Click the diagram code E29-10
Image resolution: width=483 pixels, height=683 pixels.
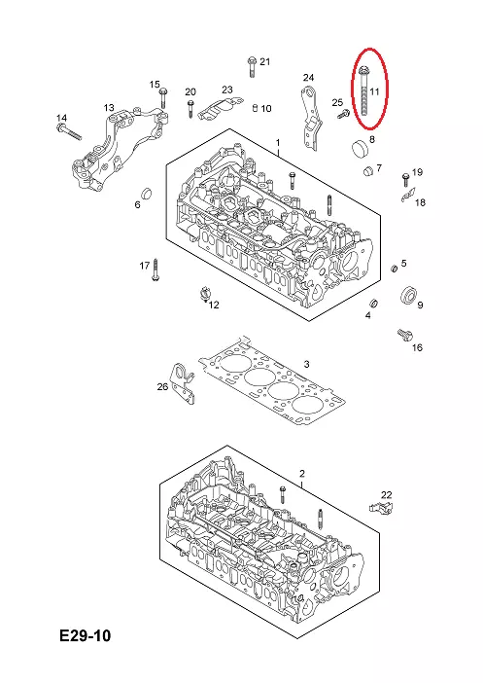click(86, 635)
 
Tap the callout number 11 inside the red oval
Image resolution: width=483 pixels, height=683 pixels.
click(374, 91)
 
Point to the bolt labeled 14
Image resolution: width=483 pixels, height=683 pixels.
click(69, 131)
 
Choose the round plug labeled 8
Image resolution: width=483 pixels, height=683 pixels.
click(360, 148)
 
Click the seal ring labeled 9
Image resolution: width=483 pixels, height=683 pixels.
click(408, 295)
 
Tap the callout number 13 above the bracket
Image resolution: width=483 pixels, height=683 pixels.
click(109, 107)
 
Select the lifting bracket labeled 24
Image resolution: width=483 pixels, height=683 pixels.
click(311, 118)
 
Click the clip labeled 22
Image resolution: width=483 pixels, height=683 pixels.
click(380, 508)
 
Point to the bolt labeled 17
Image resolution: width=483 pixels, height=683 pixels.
click(155, 270)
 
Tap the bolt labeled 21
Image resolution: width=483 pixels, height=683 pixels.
click(252, 66)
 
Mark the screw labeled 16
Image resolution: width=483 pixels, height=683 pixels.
click(404, 336)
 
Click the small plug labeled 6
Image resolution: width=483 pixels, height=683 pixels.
click(147, 193)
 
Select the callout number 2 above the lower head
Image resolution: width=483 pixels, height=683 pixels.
click(302, 474)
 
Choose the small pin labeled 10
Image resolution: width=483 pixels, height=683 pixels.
click(256, 107)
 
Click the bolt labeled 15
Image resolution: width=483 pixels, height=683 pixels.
click(163, 98)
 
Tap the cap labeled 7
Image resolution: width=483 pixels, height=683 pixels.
click(368, 170)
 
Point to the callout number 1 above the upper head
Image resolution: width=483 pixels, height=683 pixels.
click(278, 143)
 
